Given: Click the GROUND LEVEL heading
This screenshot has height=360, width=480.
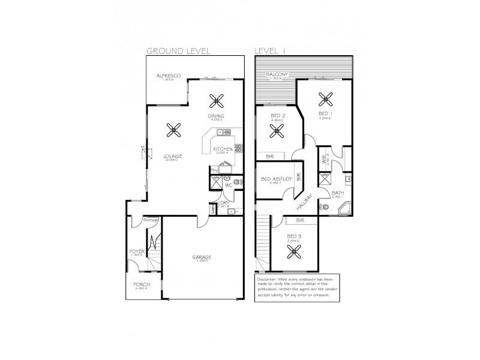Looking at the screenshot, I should tap(178, 52).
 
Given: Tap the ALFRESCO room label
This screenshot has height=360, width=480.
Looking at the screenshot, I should tap(169, 76).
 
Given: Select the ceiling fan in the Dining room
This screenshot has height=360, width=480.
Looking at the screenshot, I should tap(217, 100).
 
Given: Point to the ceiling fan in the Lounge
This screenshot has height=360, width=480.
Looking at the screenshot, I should tap(174, 128).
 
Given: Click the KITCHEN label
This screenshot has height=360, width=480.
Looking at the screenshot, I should tap(223, 149).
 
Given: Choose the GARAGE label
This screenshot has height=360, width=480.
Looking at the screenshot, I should tap(202, 257).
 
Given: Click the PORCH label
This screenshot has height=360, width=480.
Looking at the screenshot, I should tap(142, 284).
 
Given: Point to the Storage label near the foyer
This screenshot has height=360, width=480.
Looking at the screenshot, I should tap(151, 220).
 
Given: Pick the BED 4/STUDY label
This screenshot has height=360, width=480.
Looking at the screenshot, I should tap(277, 178).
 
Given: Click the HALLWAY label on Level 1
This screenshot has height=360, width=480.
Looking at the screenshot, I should tap(305, 201).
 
